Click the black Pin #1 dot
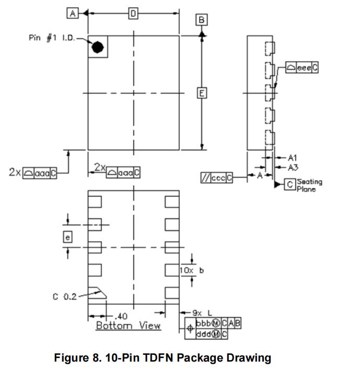pyautogui.click(x=97, y=47)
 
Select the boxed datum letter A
pyautogui.click(x=72, y=14)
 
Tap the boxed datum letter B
pyautogui.click(x=202, y=20)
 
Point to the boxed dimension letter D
pyautogui.click(x=133, y=14)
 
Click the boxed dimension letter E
pyautogui.click(x=202, y=93)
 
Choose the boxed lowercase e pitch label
pyautogui.click(x=68, y=236)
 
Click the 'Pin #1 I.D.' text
pyautogui.click(x=51, y=39)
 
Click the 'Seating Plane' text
pyautogui.click(x=309, y=185)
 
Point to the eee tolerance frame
pyautogui.click(x=302, y=68)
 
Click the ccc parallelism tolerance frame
pyautogui.click(x=216, y=178)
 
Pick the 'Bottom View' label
pyautogui.click(x=128, y=326)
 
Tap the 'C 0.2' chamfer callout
pyautogui.click(x=64, y=296)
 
